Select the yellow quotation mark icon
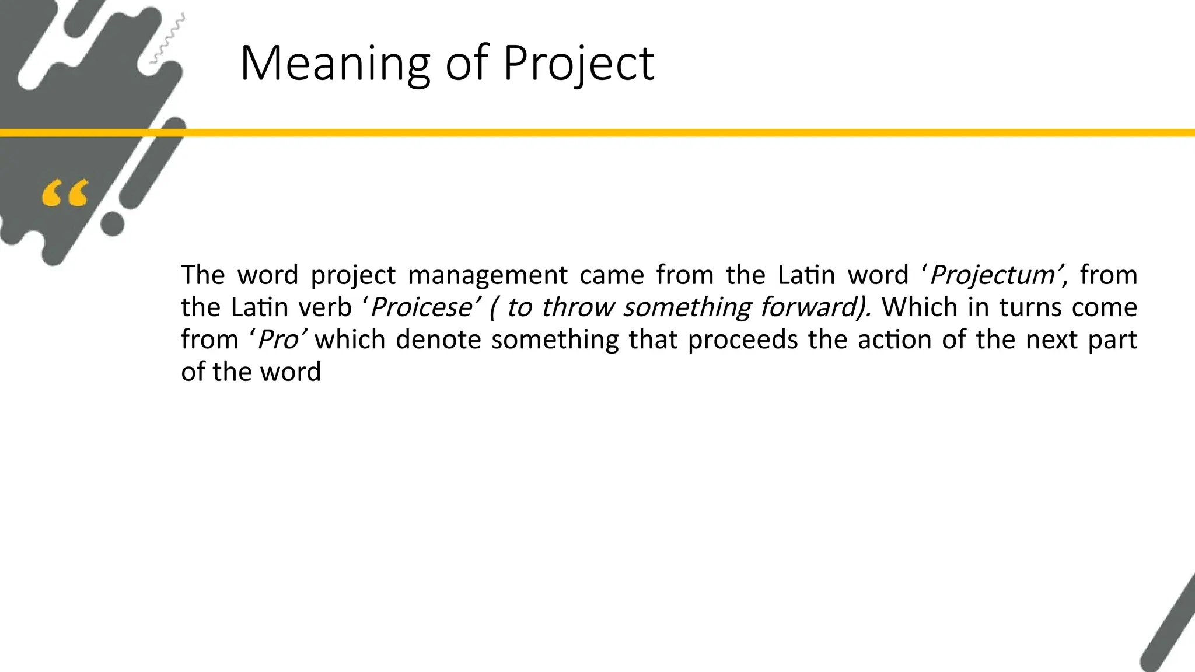pos(65,194)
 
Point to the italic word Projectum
pos(993,275)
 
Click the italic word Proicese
pos(420,307)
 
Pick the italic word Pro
pos(278,339)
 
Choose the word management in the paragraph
pos(487,275)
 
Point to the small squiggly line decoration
pos(168,38)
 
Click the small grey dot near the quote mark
pos(113,224)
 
